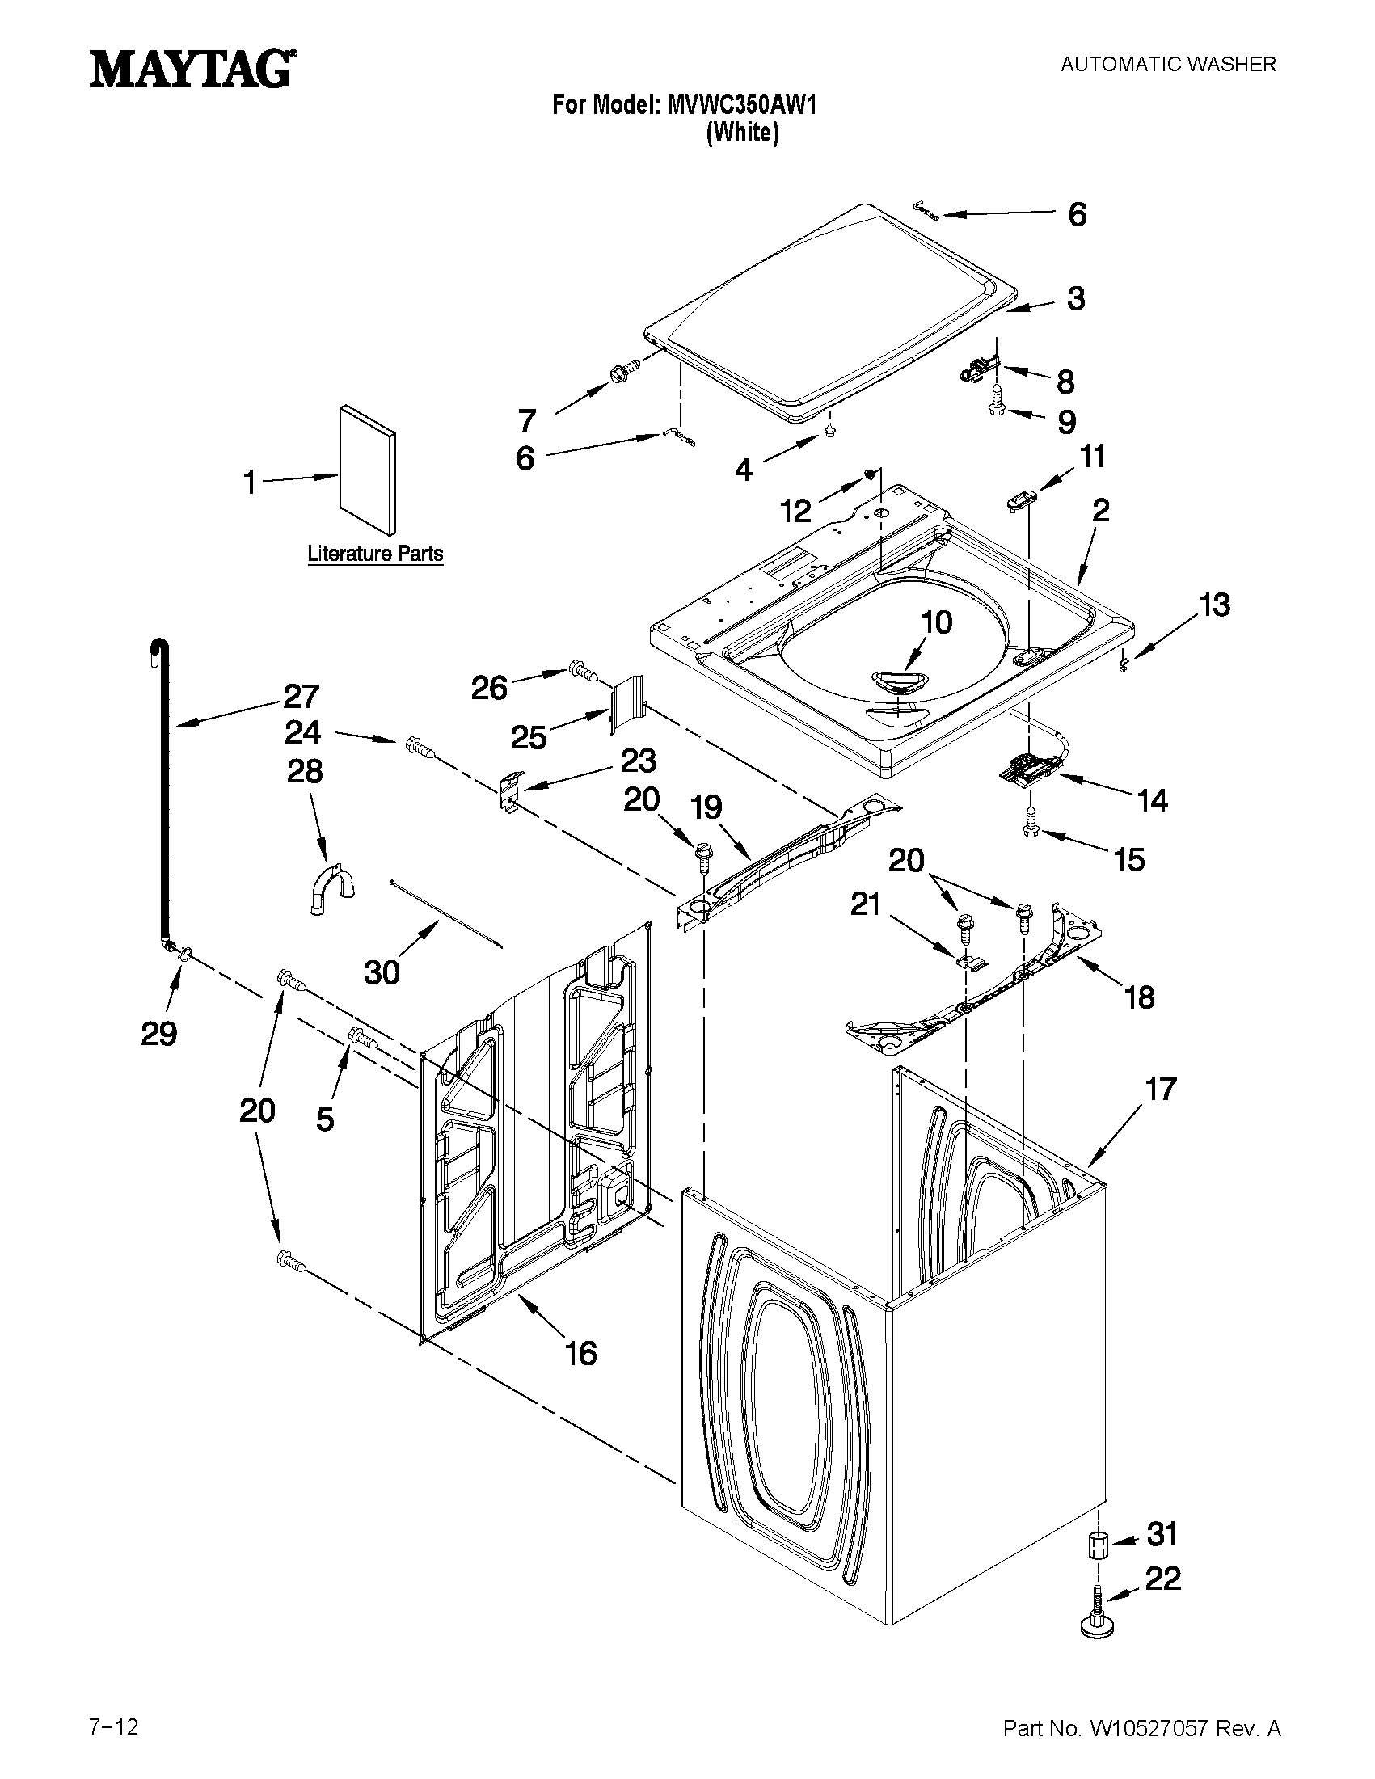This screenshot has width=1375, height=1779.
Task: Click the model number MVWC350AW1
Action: coord(741,105)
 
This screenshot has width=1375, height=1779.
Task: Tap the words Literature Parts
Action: coord(375,554)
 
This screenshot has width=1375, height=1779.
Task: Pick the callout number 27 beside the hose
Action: coord(302,697)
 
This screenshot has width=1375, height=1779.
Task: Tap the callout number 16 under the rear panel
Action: coord(581,1353)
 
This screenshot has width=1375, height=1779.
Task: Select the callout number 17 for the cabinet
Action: coord(1162,1088)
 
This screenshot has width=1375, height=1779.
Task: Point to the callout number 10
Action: coord(938,622)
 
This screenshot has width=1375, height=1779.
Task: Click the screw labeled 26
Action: coord(584,671)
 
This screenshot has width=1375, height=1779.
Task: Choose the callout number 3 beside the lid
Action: coord(1076,299)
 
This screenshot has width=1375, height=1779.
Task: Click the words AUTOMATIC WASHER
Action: coord(1168,65)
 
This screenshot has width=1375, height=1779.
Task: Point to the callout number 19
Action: coord(707,808)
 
